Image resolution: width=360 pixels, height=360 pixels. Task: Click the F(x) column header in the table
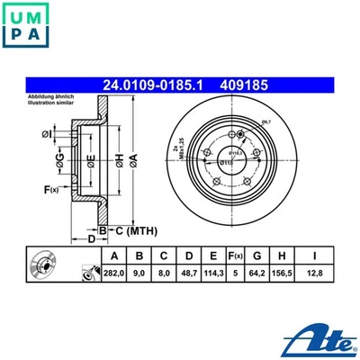[235, 254]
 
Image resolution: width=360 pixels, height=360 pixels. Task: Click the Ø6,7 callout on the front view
[266, 121]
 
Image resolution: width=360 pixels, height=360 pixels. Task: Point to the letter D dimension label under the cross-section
[91, 240]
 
